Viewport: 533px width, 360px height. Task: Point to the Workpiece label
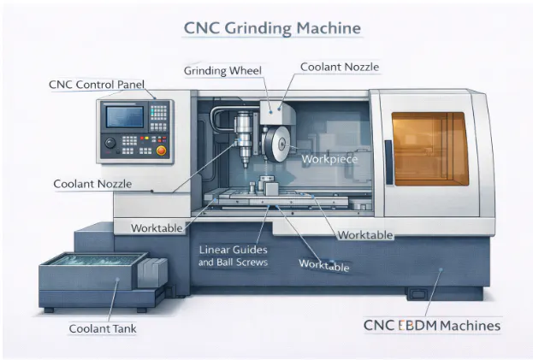tap(324, 159)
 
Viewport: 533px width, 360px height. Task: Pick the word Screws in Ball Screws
tap(252, 263)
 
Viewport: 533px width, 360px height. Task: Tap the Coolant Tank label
tap(104, 328)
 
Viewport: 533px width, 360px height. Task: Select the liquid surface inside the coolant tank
tap(87, 263)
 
